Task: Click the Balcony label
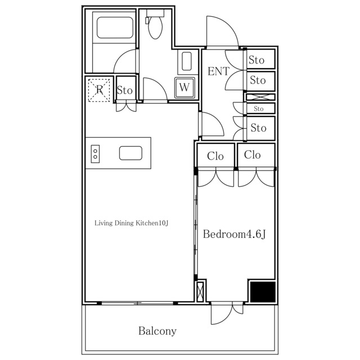click(x=157, y=331)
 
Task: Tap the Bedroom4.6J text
click(x=233, y=233)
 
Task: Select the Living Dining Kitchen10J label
click(x=132, y=223)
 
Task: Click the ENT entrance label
click(x=218, y=71)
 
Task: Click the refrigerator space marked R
click(x=100, y=90)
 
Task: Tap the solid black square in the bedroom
click(x=262, y=292)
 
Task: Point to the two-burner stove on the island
click(x=96, y=154)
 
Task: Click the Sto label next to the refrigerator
click(x=124, y=90)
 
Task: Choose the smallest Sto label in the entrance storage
click(x=259, y=109)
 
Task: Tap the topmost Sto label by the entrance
click(x=257, y=60)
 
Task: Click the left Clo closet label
click(x=215, y=156)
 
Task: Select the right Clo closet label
click(x=253, y=155)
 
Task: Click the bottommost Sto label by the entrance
click(x=258, y=128)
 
